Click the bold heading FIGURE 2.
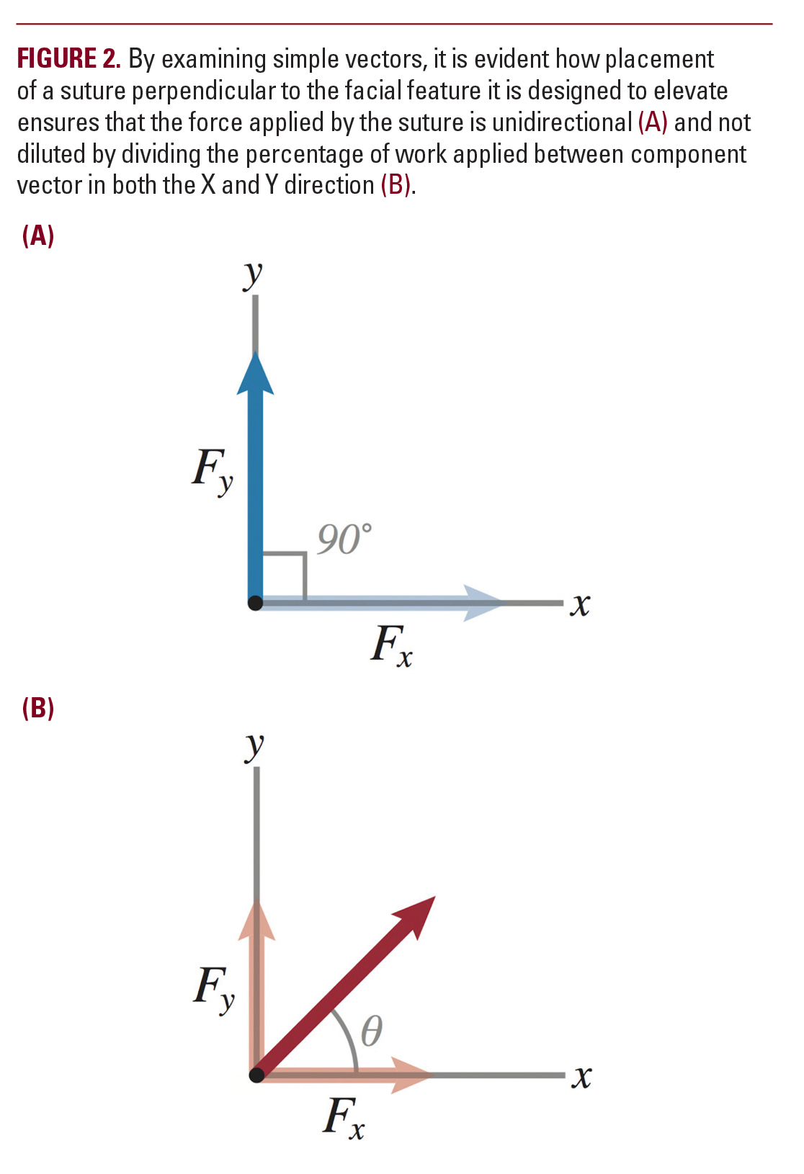click(68, 58)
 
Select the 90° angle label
click(344, 539)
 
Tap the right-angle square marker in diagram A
click(285, 575)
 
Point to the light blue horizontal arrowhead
click(483, 603)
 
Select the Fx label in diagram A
click(391, 645)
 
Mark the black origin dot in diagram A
click(255, 603)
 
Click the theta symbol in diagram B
click(371, 1031)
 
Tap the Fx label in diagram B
click(344, 1118)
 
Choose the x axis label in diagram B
click(581, 1077)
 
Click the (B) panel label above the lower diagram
click(38, 708)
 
